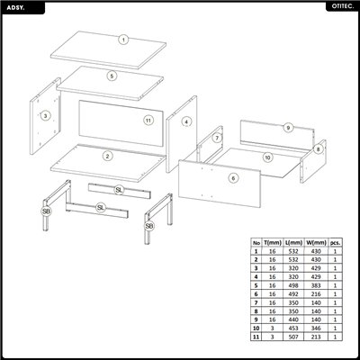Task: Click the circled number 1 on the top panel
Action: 124,40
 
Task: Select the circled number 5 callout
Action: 112,76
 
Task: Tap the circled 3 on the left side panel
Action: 45,116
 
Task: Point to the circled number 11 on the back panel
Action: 148,120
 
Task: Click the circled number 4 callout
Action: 186,121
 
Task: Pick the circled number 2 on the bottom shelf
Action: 108,157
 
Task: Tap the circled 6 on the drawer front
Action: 233,179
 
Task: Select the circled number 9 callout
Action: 287,129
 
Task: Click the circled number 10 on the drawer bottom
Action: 267,157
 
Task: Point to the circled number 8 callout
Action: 319,148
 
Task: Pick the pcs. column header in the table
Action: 336,243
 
